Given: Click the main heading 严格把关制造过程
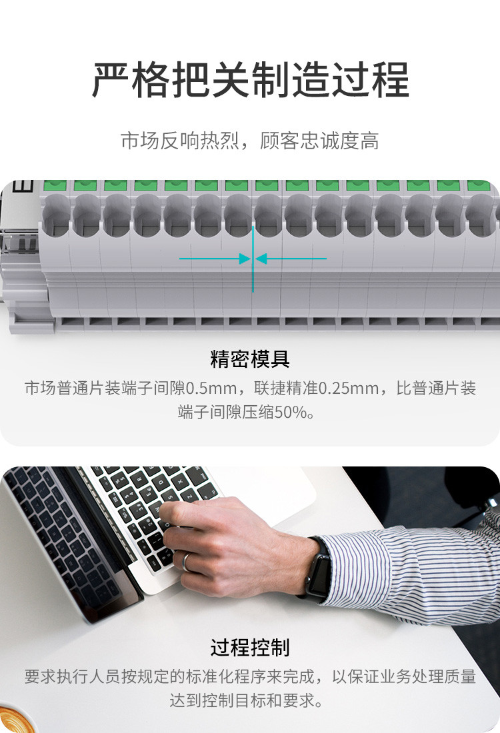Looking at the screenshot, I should pyautogui.click(x=250, y=80).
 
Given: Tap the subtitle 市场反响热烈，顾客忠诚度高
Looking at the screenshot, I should pyautogui.click(x=250, y=141).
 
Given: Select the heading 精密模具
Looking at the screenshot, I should pyautogui.click(x=250, y=359).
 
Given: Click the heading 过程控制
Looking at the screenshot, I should pyautogui.click(x=250, y=647).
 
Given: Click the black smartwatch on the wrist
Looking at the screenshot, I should pyautogui.click(x=319, y=566).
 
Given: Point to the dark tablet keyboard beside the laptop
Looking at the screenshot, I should pyautogui.click(x=53, y=533).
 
